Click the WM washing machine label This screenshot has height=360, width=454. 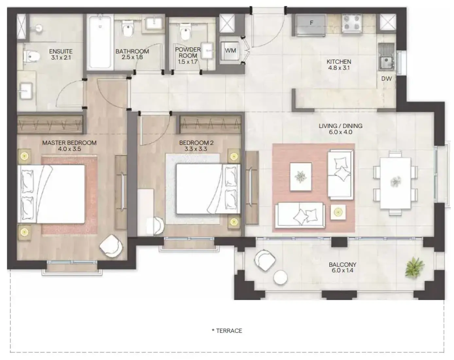[230, 50]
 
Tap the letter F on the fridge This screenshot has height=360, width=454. [311, 23]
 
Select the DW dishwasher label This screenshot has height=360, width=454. [387, 79]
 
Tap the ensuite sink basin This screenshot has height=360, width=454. [26, 91]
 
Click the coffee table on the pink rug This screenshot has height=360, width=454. [301, 177]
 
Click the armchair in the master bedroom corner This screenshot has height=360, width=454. [111, 246]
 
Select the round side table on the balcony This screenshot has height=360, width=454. [280, 278]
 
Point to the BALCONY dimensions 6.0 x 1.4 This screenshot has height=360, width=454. [342, 270]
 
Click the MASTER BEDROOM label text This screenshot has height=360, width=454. [69, 143]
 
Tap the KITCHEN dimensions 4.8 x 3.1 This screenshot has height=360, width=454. [339, 68]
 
